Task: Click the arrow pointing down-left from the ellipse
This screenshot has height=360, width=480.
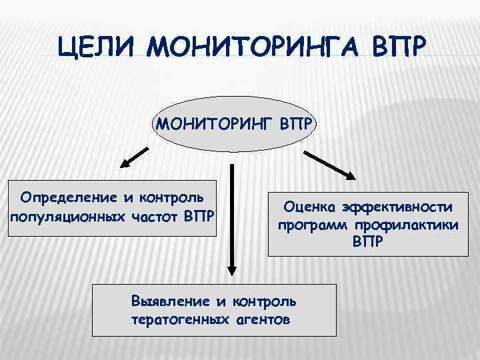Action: pos(134,159)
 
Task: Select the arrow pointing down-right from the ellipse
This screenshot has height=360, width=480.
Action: pos(330,164)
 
